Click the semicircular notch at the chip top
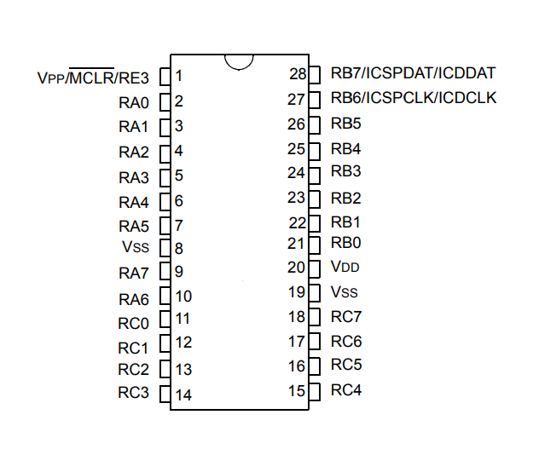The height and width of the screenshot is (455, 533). (239, 68)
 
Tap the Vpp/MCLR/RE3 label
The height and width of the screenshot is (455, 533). (93, 77)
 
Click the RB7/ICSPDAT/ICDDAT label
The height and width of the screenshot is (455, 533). (413, 73)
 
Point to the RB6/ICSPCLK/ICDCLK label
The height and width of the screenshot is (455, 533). (414, 98)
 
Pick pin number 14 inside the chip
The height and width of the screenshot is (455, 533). (183, 395)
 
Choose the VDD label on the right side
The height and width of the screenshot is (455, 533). (345, 267)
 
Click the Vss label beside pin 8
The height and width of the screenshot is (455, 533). (136, 247)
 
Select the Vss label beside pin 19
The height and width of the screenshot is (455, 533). (344, 291)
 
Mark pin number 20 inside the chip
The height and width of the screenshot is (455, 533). (296, 268)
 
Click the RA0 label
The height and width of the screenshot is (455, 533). (134, 102)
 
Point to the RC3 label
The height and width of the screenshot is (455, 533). (133, 393)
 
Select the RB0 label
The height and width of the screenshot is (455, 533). (345, 243)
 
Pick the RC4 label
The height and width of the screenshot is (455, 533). (346, 389)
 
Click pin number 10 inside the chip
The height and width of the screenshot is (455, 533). (183, 297)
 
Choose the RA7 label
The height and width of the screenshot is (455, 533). (134, 273)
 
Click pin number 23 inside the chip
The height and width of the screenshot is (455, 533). (296, 198)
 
